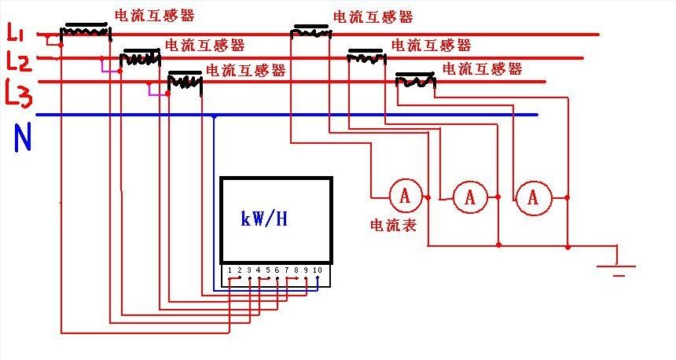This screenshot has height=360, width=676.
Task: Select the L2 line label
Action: pyautogui.click(x=17, y=61)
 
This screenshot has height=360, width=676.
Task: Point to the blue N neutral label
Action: pyautogui.click(x=23, y=138)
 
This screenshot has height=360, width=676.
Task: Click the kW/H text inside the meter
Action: pyautogui.click(x=264, y=219)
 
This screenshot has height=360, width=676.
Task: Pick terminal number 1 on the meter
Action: pyautogui.click(x=229, y=270)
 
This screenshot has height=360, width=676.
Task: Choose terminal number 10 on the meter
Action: pyautogui.click(x=318, y=270)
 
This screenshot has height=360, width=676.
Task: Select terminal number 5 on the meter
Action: pyautogui.click(x=267, y=270)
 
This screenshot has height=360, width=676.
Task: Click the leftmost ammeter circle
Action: pyautogui.click(x=405, y=196)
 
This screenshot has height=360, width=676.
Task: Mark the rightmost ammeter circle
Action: pyautogui.click(x=533, y=198)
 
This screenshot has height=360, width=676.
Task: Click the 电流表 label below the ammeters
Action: pyautogui.click(x=393, y=226)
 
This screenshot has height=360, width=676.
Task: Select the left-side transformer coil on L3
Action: pyautogui.click(x=186, y=81)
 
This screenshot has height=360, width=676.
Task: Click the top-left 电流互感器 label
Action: pyautogui.click(x=154, y=15)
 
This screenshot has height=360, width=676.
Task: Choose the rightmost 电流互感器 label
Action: pyautogui.click(x=482, y=69)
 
